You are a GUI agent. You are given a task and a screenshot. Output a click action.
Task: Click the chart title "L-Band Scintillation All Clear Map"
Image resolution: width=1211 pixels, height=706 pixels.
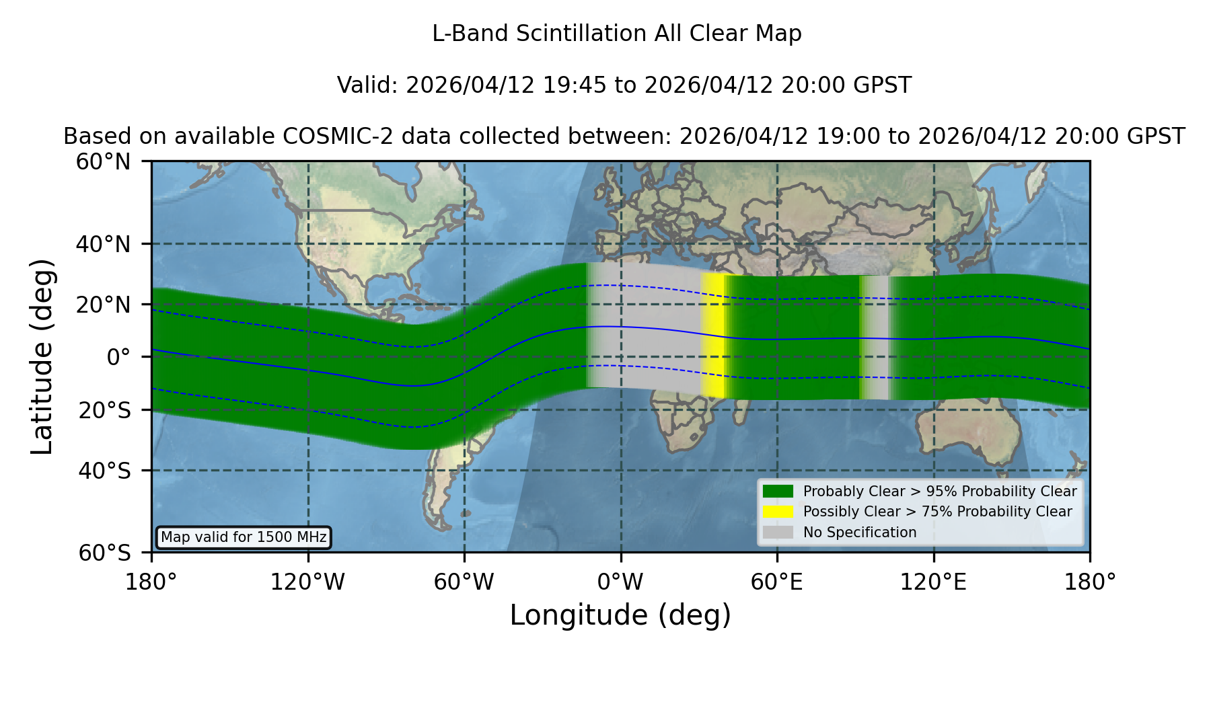click(617, 34)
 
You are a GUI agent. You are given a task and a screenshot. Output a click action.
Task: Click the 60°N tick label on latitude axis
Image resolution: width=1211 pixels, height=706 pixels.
click(103, 162)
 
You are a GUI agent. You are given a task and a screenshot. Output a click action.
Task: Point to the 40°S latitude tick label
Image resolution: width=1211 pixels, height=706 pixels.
click(104, 471)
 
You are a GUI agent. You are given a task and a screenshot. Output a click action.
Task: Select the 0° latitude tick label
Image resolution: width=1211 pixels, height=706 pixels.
click(118, 357)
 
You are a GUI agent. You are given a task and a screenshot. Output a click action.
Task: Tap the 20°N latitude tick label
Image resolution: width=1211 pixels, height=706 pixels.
click(103, 305)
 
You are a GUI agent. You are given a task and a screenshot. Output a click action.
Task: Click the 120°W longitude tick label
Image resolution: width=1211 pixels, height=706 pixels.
click(307, 582)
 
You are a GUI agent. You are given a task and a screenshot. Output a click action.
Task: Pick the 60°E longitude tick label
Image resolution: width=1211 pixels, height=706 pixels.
click(777, 582)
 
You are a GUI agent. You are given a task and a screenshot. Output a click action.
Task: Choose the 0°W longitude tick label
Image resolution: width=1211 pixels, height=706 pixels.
click(620, 582)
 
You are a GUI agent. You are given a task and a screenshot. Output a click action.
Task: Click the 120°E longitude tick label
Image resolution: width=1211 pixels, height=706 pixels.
click(933, 582)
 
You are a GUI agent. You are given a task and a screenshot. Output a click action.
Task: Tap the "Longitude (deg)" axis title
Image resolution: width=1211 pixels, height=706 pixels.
click(620, 615)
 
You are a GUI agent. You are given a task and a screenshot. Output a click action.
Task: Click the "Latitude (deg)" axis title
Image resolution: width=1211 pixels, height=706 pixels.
click(42, 356)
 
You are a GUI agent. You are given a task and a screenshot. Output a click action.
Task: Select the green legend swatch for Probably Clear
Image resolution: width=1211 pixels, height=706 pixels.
click(778, 492)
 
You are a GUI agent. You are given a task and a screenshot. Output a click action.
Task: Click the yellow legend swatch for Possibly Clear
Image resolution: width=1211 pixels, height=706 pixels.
click(778, 512)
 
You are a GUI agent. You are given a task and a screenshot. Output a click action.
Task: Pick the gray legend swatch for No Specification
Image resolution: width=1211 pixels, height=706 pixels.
click(778, 533)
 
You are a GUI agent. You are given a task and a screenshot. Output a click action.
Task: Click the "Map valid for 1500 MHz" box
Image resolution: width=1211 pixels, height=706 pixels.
click(244, 537)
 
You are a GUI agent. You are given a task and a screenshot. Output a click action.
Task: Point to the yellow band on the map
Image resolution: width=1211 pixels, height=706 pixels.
click(713, 335)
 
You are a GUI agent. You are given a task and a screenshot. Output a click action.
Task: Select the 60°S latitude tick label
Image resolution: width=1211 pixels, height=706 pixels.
click(104, 553)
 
